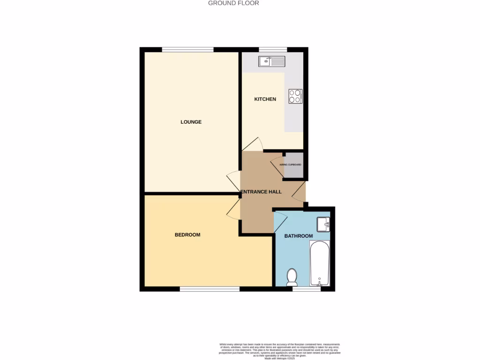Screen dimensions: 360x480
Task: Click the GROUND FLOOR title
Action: tap(233, 3)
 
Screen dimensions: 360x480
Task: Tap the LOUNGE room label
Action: tap(191, 122)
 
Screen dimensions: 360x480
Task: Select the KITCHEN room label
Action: tap(265, 99)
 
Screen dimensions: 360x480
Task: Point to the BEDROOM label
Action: tap(187, 235)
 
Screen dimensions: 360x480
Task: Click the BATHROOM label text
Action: tap(299, 236)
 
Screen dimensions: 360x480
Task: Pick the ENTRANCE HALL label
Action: tap(261, 192)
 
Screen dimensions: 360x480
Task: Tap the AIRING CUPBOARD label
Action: tap(290, 165)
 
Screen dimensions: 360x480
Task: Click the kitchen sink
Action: tap(271, 61)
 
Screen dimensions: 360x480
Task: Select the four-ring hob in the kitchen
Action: tap(295, 96)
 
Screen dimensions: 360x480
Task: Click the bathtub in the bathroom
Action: tap(320, 263)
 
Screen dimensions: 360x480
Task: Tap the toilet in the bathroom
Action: tap(292, 277)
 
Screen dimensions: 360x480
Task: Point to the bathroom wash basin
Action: tap(323, 225)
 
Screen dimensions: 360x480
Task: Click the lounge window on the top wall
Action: tap(188, 49)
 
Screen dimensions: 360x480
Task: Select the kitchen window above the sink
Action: tap(273, 49)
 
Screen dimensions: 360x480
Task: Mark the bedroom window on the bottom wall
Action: tap(210, 289)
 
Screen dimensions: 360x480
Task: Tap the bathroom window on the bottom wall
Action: tap(307, 289)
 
